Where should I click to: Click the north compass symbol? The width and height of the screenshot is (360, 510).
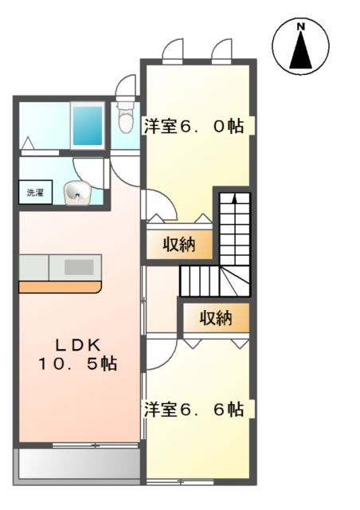[x=301, y=45]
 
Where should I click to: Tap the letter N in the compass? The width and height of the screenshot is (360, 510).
[x=301, y=27]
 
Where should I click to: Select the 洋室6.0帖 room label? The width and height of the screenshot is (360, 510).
[x=194, y=126]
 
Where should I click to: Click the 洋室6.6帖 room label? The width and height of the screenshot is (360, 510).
[x=194, y=410]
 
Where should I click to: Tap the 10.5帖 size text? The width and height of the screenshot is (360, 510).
[x=76, y=364]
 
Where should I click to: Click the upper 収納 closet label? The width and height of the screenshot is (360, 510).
[x=180, y=244]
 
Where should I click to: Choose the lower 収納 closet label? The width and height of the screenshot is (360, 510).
[x=215, y=318]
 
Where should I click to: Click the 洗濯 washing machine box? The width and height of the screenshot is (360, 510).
[x=35, y=193]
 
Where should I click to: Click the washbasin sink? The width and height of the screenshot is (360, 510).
[x=76, y=191]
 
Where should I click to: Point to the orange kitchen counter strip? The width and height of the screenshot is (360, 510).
[x=61, y=285]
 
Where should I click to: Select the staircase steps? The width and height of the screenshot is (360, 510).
[x=232, y=239]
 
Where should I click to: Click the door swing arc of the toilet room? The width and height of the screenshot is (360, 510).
[x=126, y=86]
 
